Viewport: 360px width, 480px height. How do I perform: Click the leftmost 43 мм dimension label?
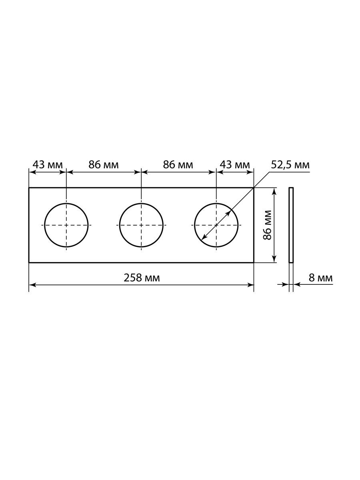click(x=48, y=165)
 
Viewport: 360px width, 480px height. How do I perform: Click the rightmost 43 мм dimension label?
click(x=234, y=165)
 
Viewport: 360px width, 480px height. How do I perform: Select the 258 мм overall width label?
click(x=142, y=278)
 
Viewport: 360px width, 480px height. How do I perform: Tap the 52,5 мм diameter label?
click(x=290, y=165)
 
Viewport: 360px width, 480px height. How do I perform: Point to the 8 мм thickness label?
click(x=321, y=278)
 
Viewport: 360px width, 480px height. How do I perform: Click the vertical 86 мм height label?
click(x=268, y=225)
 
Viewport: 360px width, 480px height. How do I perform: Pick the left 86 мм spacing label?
click(x=104, y=165)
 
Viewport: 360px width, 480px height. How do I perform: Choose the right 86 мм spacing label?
click(x=178, y=165)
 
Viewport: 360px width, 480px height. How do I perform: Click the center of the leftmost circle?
click(x=66, y=225)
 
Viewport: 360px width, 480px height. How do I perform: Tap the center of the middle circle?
click(x=142, y=225)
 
